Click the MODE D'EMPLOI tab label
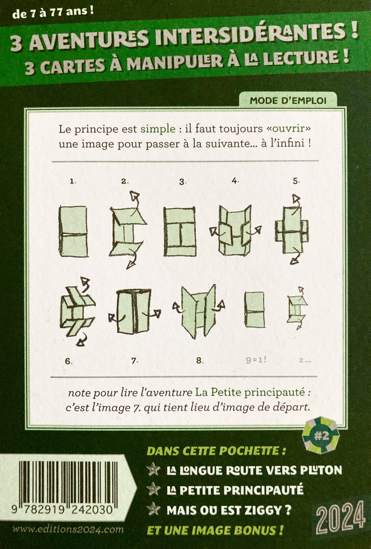click(x=288, y=101)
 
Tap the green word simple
click(x=158, y=129)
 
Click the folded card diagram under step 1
click(x=73, y=231)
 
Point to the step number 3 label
click(x=182, y=182)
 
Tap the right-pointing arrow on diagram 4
click(x=253, y=231)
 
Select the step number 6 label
click(x=69, y=361)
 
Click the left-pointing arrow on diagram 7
click(x=117, y=318)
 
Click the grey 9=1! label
click(x=256, y=360)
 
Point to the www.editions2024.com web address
click(x=68, y=530)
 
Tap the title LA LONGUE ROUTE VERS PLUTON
click(x=254, y=470)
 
